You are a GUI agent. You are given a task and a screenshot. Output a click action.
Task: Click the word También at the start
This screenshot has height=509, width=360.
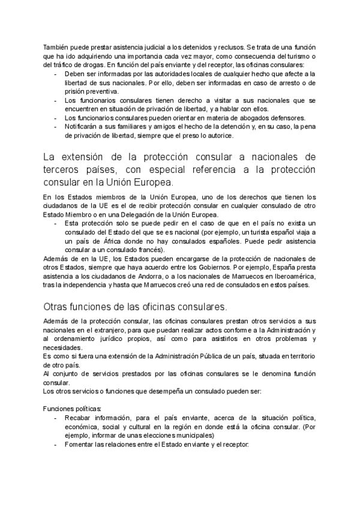[55, 47]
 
